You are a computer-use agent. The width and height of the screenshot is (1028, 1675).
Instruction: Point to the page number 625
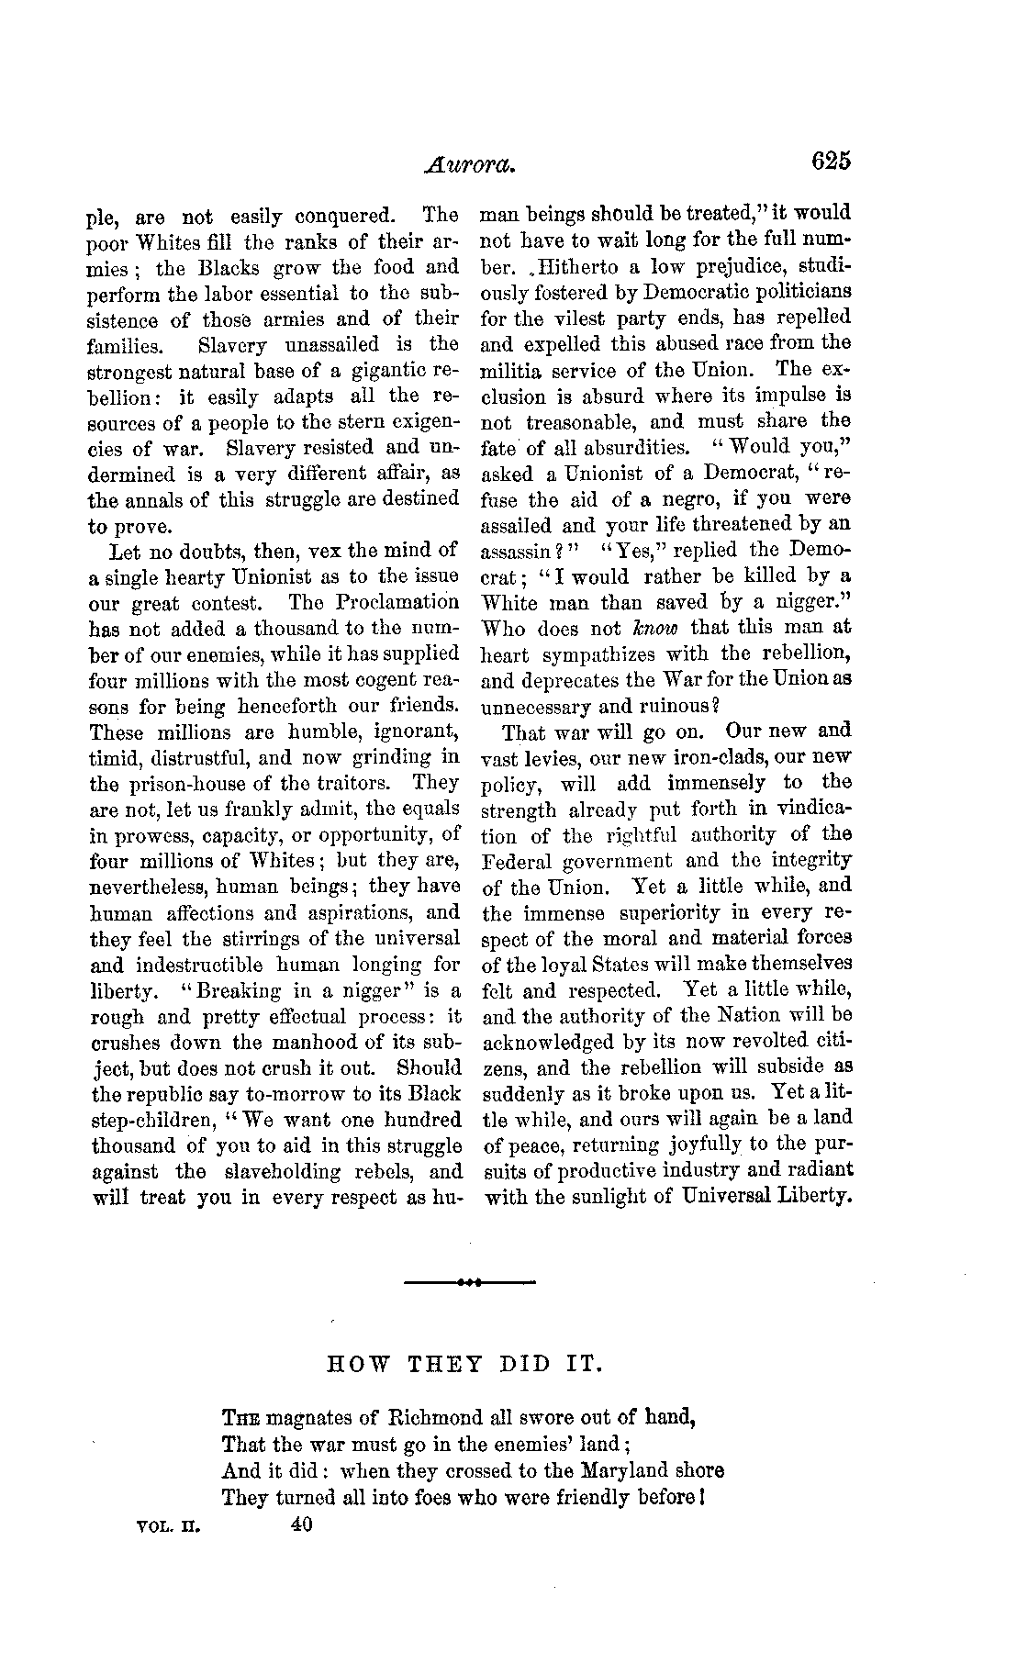pos(832,161)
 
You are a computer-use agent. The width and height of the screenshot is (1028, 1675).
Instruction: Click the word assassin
pos(521,552)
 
